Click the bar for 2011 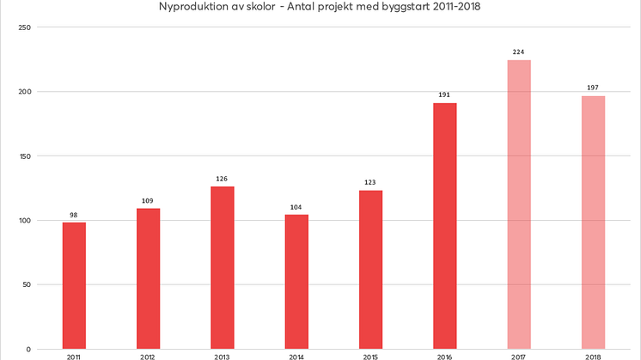tap(74, 285)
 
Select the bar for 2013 tap(222, 267)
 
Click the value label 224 tap(519, 52)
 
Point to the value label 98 tap(74, 214)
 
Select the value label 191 tap(445, 95)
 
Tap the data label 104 tap(296, 206)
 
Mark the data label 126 tap(222, 178)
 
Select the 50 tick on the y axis tap(26, 285)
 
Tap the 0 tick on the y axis tap(28, 350)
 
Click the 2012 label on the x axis tap(148, 356)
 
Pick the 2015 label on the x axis tap(370, 356)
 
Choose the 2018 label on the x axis tap(593, 356)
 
